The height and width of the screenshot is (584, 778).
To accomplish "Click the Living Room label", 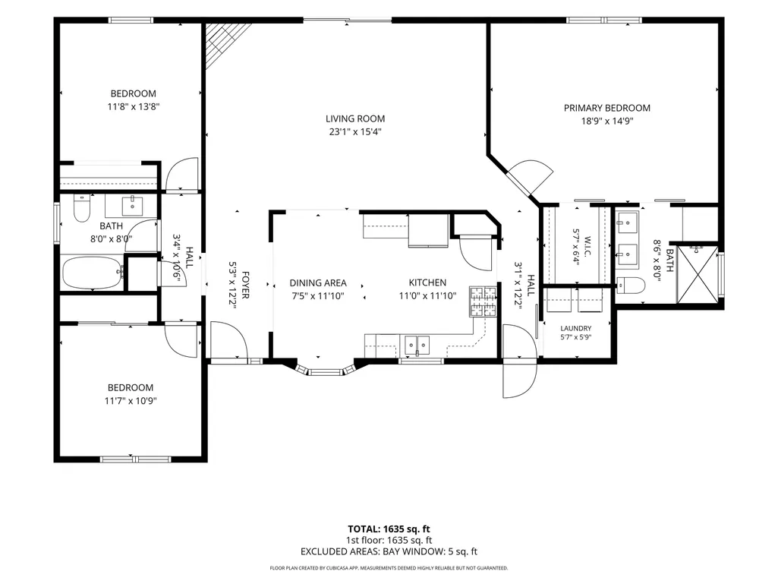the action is coord(355,118).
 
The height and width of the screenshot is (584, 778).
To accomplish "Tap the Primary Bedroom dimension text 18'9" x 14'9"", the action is coord(607,122).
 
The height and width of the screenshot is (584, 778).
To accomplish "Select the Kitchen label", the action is coord(427,283).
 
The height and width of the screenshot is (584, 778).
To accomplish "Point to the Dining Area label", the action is coord(318,283).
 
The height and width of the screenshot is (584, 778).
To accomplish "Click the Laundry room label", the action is coord(575,328).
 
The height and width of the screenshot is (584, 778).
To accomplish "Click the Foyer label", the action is coord(244,285).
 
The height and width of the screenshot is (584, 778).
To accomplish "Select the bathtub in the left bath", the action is coord(93,273).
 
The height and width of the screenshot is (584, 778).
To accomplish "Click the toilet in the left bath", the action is coord(82,208).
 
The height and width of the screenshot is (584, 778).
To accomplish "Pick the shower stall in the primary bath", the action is coord(698,274).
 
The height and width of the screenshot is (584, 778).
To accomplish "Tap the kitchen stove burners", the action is coord(483,301).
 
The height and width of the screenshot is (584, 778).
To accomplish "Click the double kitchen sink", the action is coord(417,345).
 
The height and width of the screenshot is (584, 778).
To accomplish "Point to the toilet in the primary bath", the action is coord(631,286).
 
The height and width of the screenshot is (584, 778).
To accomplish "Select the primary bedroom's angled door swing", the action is coord(531,177).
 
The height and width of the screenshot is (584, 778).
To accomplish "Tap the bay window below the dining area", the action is coord(326,370).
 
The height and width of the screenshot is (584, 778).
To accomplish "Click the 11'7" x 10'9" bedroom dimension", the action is coord(131,401).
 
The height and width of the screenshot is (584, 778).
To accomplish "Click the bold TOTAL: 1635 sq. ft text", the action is coord(389,529).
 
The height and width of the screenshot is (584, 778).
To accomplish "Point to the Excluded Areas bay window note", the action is coord(389,551).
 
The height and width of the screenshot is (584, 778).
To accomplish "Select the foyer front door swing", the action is coord(229,339).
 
